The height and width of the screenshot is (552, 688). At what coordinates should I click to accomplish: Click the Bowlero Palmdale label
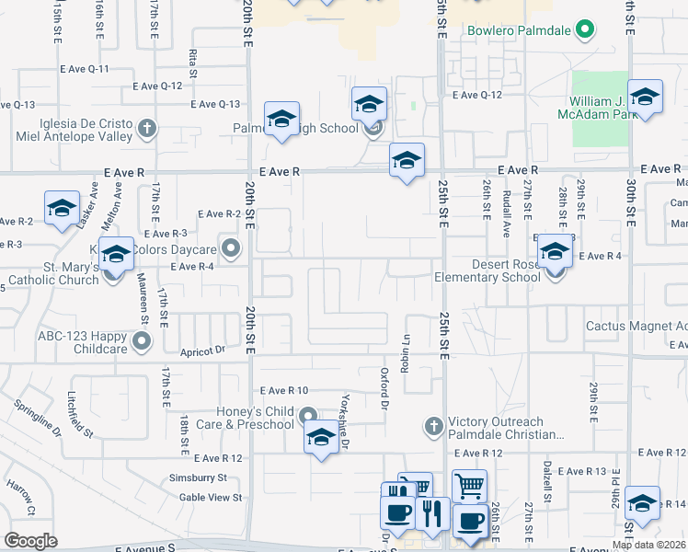(x=519, y=29)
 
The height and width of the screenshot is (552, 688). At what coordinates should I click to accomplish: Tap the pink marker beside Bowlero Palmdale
(x=583, y=29)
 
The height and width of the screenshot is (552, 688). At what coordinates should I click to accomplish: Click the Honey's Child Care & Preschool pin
(x=309, y=417)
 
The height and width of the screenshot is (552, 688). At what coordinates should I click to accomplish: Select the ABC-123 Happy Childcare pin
(x=142, y=343)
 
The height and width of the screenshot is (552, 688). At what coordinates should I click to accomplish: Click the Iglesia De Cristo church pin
(x=147, y=128)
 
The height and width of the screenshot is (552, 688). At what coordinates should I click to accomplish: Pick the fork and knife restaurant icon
(x=430, y=512)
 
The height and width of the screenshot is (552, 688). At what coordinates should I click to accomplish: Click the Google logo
(x=30, y=541)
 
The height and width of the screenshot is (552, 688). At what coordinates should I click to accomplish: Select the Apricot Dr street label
(x=203, y=351)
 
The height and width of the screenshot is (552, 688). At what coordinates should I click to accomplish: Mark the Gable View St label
(x=211, y=497)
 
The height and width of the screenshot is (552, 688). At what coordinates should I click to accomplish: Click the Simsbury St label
(x=197, y=477)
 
